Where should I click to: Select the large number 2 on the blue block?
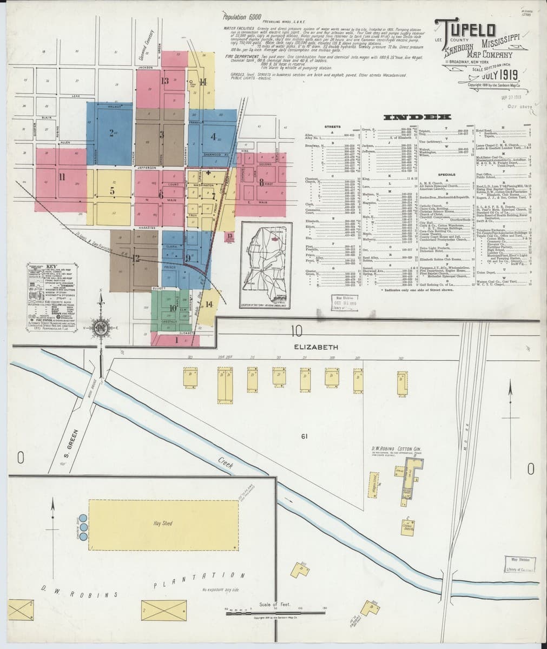(111, 133)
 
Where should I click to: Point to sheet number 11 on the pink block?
(62, 176)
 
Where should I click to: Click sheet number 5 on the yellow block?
(112, 190)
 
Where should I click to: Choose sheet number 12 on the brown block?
(135, 258)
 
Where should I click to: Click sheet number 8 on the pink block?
(261, 182)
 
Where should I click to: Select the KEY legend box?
(52, 293)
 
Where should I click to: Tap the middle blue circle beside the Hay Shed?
(83, 526)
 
